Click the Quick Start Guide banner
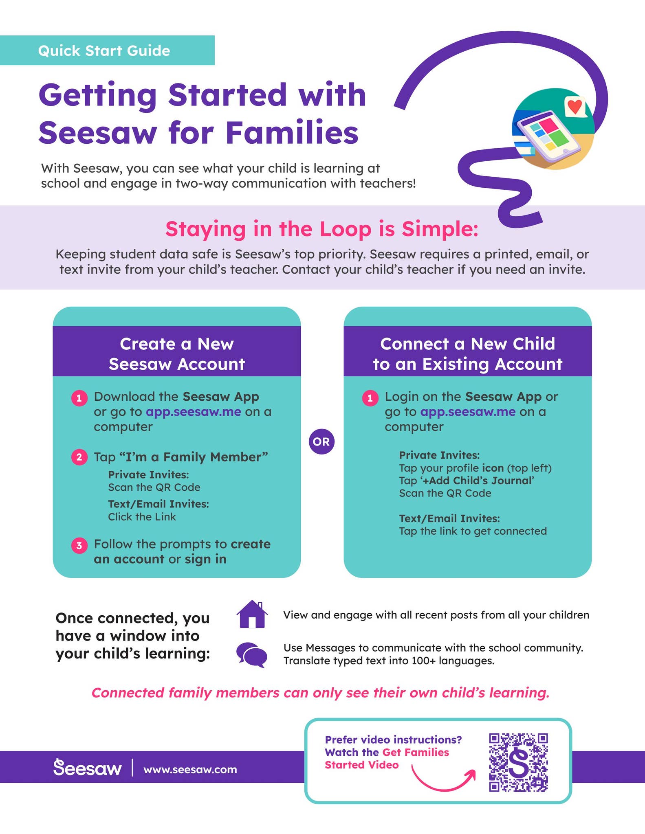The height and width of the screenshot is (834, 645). point(107,50)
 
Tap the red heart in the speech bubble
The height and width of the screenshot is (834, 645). point(575,106)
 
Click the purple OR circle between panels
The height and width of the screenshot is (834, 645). point(321,441)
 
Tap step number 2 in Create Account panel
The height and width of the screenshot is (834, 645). point(79,457)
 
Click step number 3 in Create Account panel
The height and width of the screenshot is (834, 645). point(79,545)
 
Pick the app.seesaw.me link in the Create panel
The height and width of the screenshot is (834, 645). point(194,412)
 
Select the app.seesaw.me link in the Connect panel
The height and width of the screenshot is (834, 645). point(468,412)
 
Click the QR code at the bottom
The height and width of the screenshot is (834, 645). point(518,762)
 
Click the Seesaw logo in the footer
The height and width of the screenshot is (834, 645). point(88,768)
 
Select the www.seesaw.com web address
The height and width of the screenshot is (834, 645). point(190,769)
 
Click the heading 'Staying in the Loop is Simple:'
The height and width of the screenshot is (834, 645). point(322,229)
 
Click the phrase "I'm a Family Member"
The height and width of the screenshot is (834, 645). point(194,457)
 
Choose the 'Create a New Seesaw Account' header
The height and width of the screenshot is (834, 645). point(177,353)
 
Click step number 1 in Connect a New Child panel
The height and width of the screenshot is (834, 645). point(370,398)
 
